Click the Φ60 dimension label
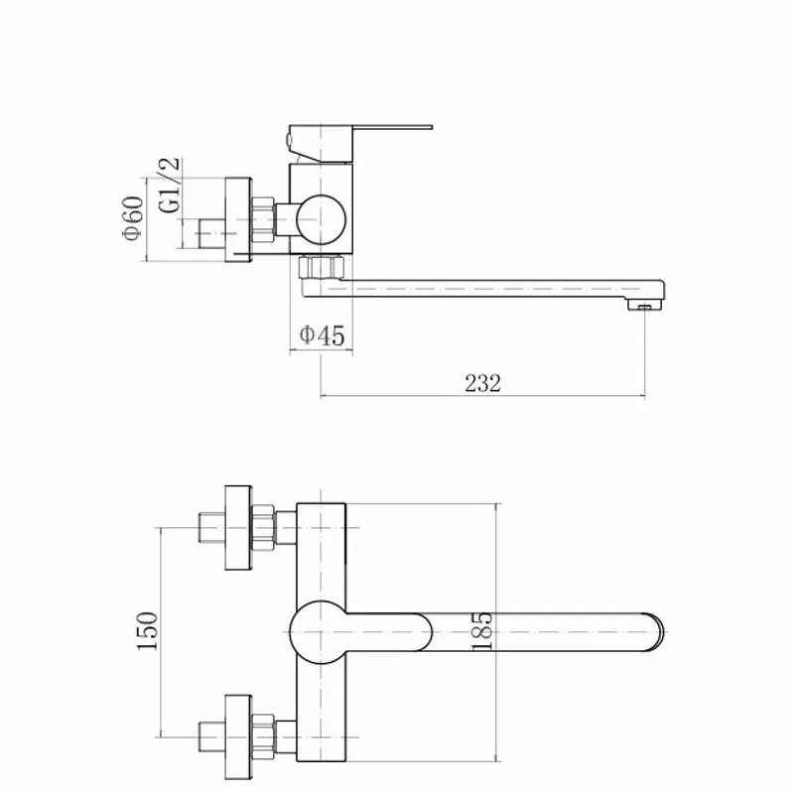click(133, 217)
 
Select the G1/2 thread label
click(169, 185)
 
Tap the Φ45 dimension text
click(322, 335)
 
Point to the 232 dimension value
click(483, 383)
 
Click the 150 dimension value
click(147, 631)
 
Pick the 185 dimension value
click(481, 631)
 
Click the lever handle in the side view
click(360, 144)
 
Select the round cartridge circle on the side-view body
click(321, 219)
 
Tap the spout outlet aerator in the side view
click(645, 305)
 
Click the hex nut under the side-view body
click(321, 267)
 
